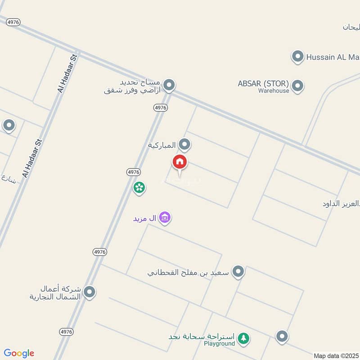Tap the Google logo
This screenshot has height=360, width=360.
point(19,353)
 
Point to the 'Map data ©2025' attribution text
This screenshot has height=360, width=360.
point(336,355)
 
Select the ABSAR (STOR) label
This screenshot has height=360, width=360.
point(263,83)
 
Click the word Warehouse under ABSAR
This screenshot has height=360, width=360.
point(274,90)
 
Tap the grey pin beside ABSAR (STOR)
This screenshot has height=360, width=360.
point(297,85)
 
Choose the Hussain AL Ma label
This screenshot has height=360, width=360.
point(333,57)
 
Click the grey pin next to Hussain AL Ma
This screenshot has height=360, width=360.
point(297,57)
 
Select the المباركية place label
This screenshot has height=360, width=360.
point(162,145)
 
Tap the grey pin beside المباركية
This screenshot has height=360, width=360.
point(184,144)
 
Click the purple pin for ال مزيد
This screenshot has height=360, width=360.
point(165,218)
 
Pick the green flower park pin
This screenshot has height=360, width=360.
point(139,187)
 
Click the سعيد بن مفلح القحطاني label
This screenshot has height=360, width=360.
point(188,272)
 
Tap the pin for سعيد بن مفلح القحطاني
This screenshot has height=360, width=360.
point(238,271)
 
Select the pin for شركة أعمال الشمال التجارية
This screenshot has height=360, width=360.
point(90,292)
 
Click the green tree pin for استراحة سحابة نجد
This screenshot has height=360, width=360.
point(243,338)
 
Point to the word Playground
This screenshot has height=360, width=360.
point(219,344)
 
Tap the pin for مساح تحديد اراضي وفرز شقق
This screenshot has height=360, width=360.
point(169,85)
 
